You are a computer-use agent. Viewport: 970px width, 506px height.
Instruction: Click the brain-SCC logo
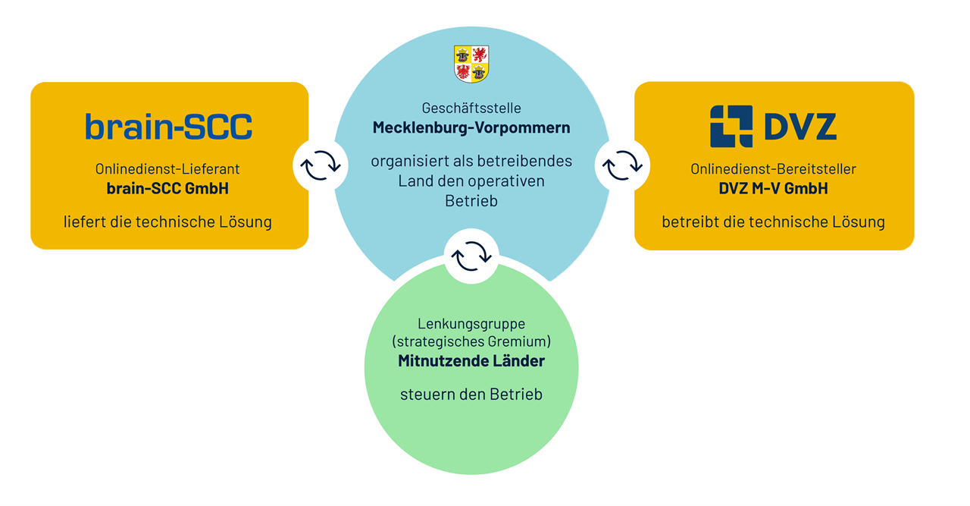pos(168,127)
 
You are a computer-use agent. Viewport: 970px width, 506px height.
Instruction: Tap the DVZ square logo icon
pos(731,126)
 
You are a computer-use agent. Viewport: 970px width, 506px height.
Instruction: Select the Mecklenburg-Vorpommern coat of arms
pos(471,64)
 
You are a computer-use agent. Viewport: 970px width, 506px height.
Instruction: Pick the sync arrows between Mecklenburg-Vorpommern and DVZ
pos(622,165)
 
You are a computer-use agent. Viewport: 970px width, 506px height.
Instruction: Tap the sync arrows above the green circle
pos(471,256)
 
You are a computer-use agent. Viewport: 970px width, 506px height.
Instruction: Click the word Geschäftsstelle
pos(471,108)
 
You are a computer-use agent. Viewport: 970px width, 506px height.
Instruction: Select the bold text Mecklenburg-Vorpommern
pos(471,127)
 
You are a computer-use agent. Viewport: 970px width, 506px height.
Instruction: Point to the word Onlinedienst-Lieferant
pos(167,169)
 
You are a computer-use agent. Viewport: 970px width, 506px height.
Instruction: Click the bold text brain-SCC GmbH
pos(167,188)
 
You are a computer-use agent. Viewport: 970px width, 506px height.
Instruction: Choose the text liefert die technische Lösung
pos(167,222)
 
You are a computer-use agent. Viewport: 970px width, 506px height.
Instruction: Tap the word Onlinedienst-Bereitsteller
pos(773,169)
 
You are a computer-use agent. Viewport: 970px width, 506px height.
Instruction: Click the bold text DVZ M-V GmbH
pos(773,188)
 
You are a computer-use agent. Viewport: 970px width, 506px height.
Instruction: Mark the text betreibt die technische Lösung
pos(773,222)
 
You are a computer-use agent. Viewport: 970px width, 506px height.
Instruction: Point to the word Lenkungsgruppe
pos(471,324)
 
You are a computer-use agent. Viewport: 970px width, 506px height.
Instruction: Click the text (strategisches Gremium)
pos(471,342)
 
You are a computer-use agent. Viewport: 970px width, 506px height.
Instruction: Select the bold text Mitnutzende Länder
pos(471,361)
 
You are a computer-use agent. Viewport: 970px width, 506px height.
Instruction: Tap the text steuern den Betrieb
pos(471,394)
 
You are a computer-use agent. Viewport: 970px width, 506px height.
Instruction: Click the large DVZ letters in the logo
pos(800,127)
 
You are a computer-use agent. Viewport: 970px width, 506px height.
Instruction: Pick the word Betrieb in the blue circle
pos(471,200)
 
